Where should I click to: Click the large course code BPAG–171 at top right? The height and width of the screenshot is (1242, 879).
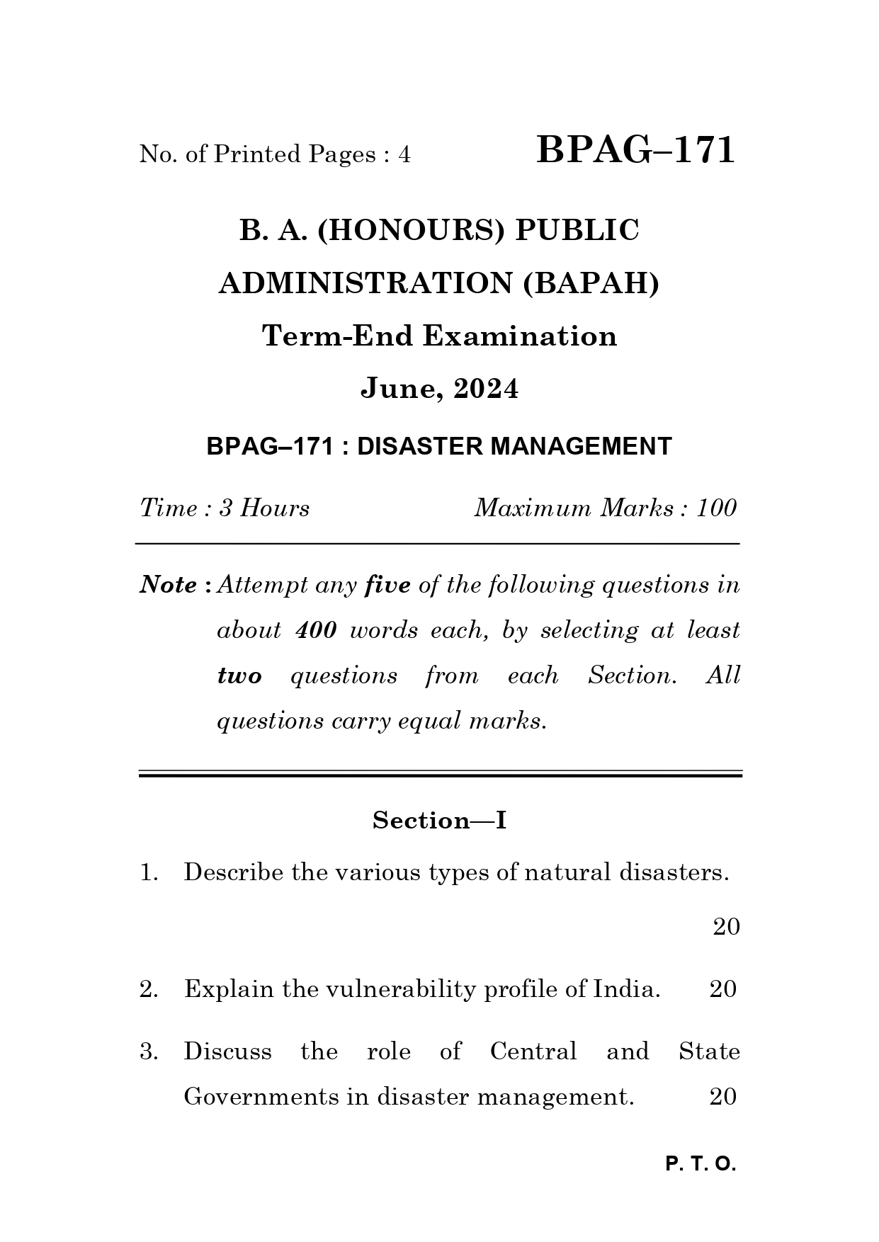coord(635,151)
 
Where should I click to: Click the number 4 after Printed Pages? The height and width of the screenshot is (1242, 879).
coord(404,154)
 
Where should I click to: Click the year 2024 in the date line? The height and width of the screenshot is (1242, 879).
coord(485,389)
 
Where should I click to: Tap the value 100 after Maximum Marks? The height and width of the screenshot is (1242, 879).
coord(717,508)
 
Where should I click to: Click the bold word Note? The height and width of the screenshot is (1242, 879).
coord(169,586)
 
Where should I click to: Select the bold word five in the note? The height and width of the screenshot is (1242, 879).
coord(387,586)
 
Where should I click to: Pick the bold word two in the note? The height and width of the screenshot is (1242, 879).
coord(239,676)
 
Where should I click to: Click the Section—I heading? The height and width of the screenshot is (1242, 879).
coord(439,821)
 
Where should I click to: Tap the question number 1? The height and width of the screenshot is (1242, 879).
coord(147,873)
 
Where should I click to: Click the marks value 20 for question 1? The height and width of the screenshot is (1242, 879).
coord(725,927)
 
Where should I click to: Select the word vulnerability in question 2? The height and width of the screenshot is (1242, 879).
coord(399,989)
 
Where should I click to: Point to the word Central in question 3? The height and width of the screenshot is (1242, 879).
coord(533,1052)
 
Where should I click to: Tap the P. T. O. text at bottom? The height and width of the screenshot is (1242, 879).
coord(701,1165)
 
